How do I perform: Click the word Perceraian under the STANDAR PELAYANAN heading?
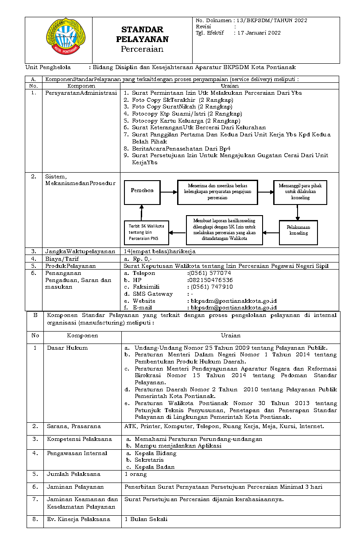[x=142, y=50]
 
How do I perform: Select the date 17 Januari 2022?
[x=259, y=33]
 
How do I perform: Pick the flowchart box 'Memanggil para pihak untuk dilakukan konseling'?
[x=300, y=192]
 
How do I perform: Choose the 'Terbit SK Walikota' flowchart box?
[x=146, y=232]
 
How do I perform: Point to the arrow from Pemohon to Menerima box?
[x=169, y=192]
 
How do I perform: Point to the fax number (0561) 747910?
[x=211, y=287]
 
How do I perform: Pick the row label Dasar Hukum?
[x=67, y=348]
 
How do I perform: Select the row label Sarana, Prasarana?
[x=74, y=426]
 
